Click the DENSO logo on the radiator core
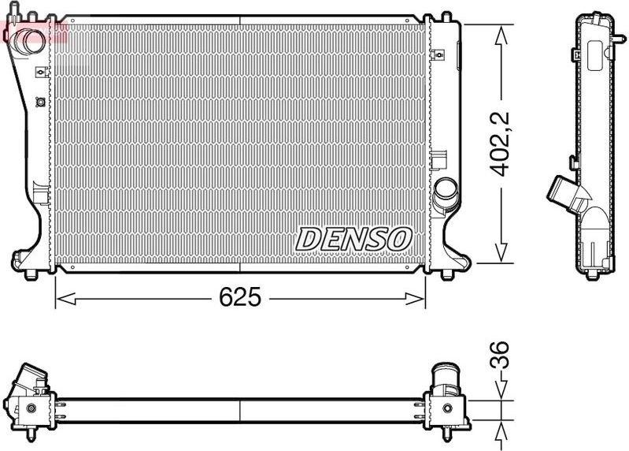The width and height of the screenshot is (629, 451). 353,237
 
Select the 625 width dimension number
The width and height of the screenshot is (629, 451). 239,298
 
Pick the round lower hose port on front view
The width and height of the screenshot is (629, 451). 446,191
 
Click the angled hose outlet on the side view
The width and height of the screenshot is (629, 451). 562,192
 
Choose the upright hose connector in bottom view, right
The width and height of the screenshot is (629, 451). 445,378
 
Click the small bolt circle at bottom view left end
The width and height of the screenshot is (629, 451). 31,408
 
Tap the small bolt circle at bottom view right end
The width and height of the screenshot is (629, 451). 448,408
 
